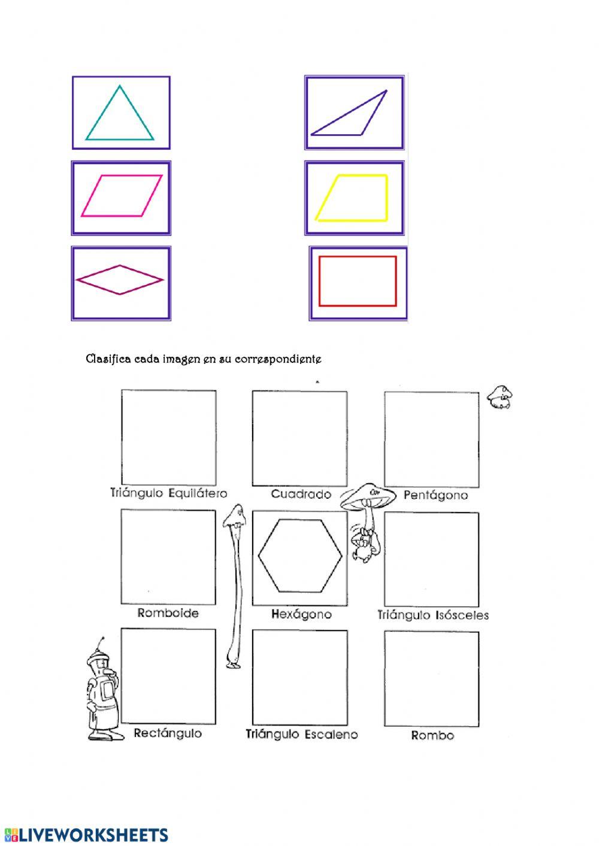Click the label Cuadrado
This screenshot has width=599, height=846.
click(x=301, y=494)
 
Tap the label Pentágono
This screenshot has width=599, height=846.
click(x=435, y=495)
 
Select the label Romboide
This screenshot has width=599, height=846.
click(x=168, y=612)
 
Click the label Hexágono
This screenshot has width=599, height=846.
click(x=301, y=614)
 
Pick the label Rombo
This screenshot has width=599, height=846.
click(x=432, y=735)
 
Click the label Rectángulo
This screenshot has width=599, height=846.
click(x=168, y=733)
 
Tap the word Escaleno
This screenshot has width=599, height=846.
click(x=331, y=734)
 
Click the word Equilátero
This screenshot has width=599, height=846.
click(x=198, y=493)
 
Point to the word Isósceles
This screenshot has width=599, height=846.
click(x=462, y=615)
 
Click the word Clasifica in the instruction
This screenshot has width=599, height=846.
click(x=108, y=359)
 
